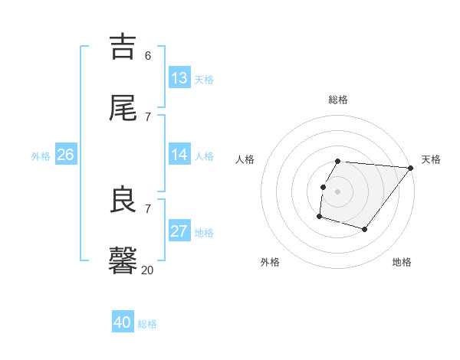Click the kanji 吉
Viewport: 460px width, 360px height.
123,47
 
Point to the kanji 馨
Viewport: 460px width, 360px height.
123,260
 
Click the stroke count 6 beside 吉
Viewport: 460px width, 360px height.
148,56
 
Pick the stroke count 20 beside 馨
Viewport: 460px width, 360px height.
148,270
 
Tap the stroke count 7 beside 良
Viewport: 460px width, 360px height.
148,208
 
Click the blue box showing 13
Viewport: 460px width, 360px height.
179,78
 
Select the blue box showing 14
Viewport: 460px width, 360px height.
179,155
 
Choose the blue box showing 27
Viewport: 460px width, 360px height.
179,231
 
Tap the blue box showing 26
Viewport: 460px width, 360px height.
66,155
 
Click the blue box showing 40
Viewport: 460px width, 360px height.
123,322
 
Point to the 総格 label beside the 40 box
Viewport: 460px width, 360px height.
148,324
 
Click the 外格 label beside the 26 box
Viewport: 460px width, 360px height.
41,156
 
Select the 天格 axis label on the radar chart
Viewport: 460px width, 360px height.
431,159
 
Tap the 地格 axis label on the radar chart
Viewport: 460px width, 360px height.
402,263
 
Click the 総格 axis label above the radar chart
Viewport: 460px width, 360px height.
338,100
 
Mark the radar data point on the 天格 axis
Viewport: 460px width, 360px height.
411,168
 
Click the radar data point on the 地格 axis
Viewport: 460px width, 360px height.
365,229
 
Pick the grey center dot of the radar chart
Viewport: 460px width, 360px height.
338,191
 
